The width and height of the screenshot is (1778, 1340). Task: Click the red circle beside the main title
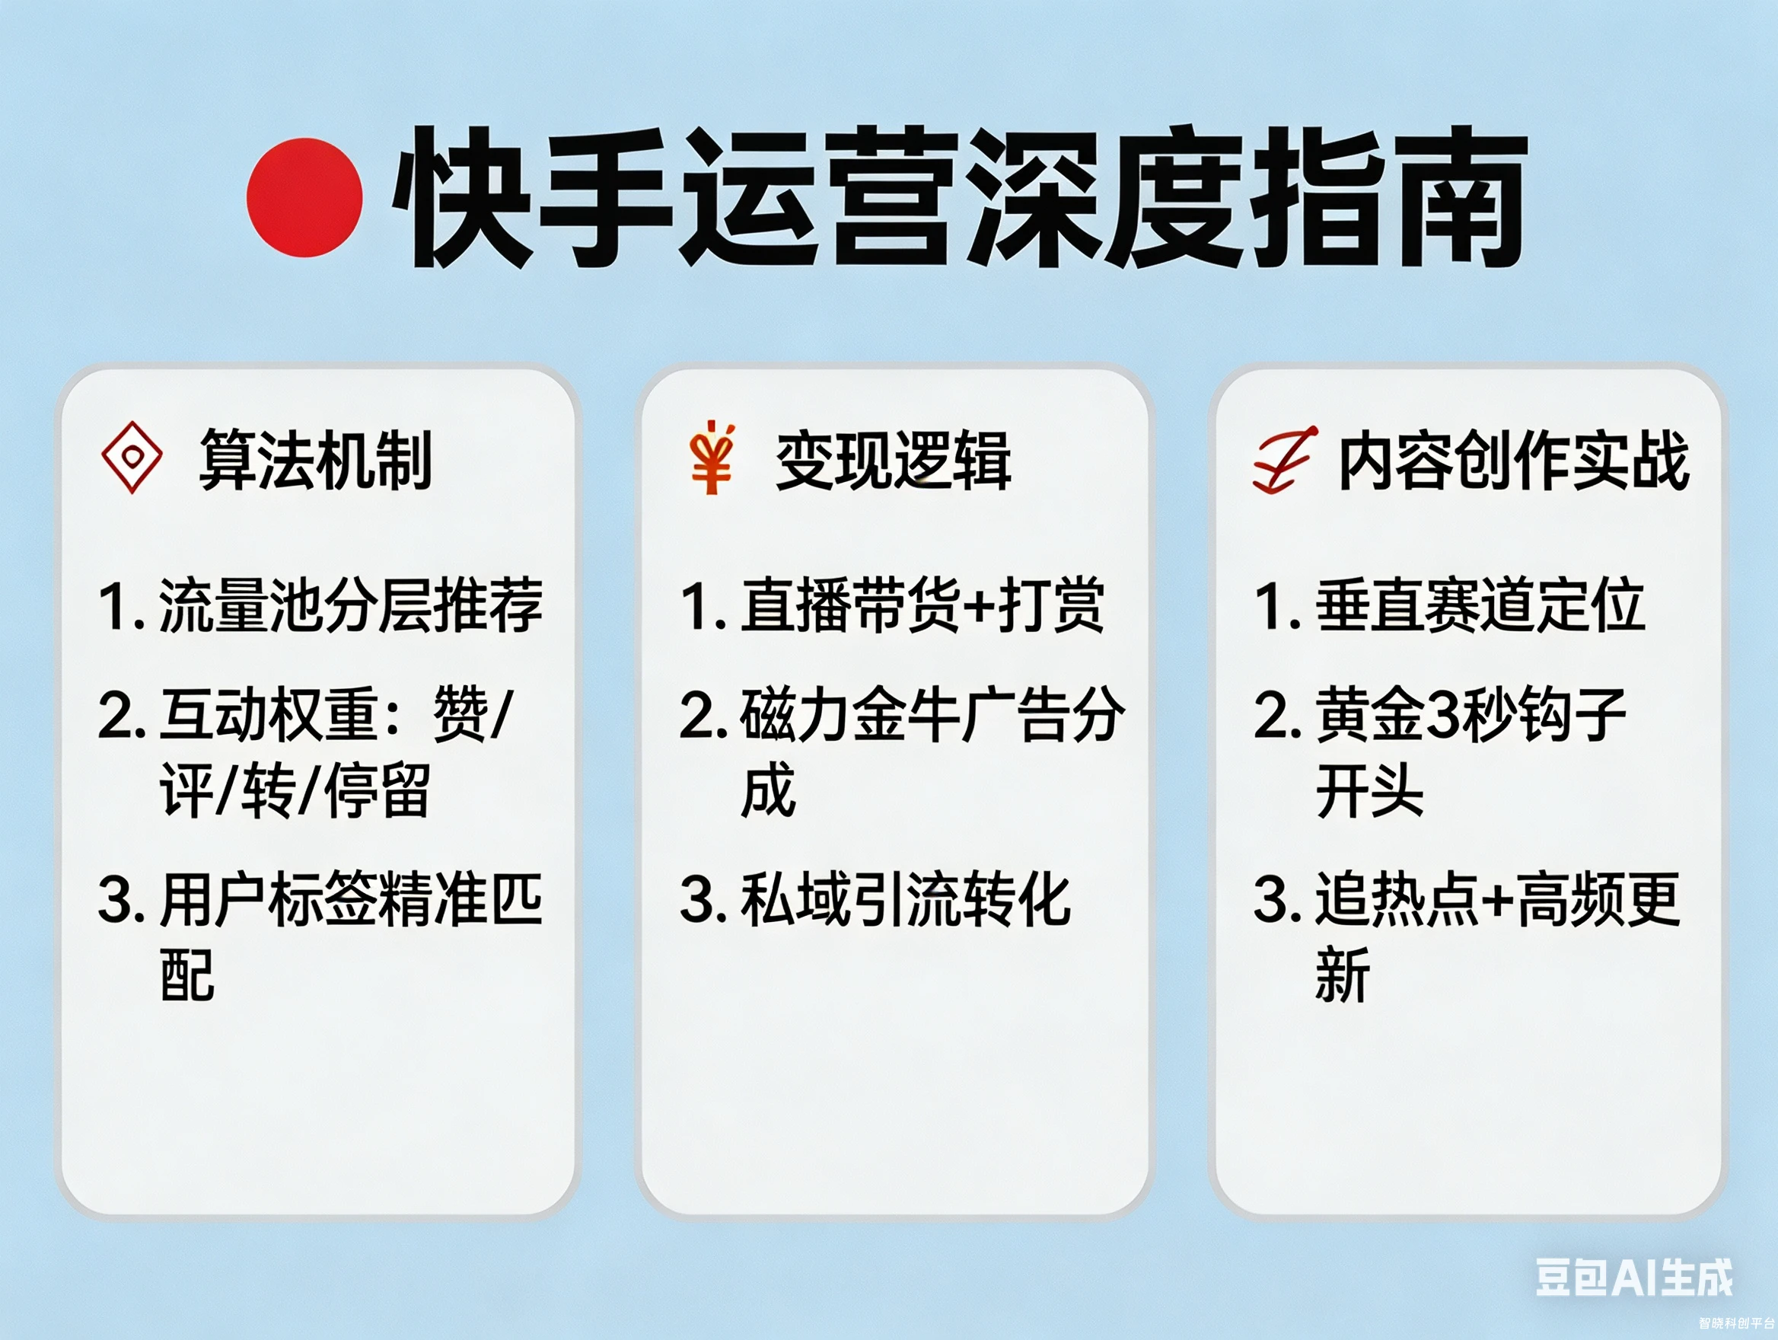pyautogui.click(x=304, y=198)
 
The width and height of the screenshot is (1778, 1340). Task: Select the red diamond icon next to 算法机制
pyautogui.click(x=132, y=458)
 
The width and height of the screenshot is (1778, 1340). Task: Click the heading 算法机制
pyautogui.click(x=315, y=460)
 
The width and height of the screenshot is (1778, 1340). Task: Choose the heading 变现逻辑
pyautogui.click(x=893, y=461)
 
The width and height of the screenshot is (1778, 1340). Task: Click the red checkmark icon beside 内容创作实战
pyautogui.click(x=1284, y=460)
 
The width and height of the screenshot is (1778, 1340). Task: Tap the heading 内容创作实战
pyautogui.click(x=1513, y=460)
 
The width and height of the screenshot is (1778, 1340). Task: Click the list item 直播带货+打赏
pyautogui.click(x=921, y=605)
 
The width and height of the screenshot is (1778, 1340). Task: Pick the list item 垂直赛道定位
pyautogui.click(x=1480, y=605)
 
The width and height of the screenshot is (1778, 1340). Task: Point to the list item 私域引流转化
pyautogui.click(x=905, y=899)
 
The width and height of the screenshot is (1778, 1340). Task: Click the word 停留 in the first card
pyautogui.click(x=376, y=791)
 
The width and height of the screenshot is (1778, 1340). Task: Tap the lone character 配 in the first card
pyautogui.click(x=187, y=975)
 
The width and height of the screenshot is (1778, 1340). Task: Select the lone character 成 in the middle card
pyautogui.click(x=769, y=791)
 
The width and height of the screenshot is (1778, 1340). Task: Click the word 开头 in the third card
pyautogui.click(x=1370, y=791)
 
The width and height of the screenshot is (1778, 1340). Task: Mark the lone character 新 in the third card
pyautogui.click(x=1343, y=975)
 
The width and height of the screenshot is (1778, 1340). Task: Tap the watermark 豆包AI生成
pyautogui.click(x=1634, y=1277)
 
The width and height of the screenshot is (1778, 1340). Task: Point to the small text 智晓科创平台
pyautogui.click(x=1736, y=1323)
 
